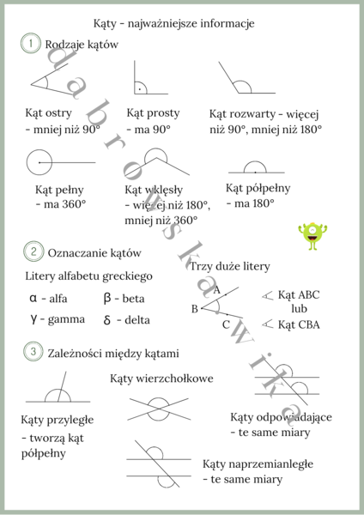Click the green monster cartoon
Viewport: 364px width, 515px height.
(313, 237)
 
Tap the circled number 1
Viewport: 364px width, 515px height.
(30, 43)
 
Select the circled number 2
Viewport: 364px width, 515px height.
(32, 252)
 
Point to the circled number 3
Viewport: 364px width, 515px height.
(32, 352)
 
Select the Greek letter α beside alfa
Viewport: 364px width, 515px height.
(33, 299)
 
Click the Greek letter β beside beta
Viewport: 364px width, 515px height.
(107, 299)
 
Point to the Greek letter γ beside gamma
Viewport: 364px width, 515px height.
(33, 319)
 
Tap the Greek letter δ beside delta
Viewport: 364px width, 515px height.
(107, 320)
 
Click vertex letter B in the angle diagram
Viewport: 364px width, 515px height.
(195, 308)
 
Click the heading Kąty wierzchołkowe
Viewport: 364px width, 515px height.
(161, 378)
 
